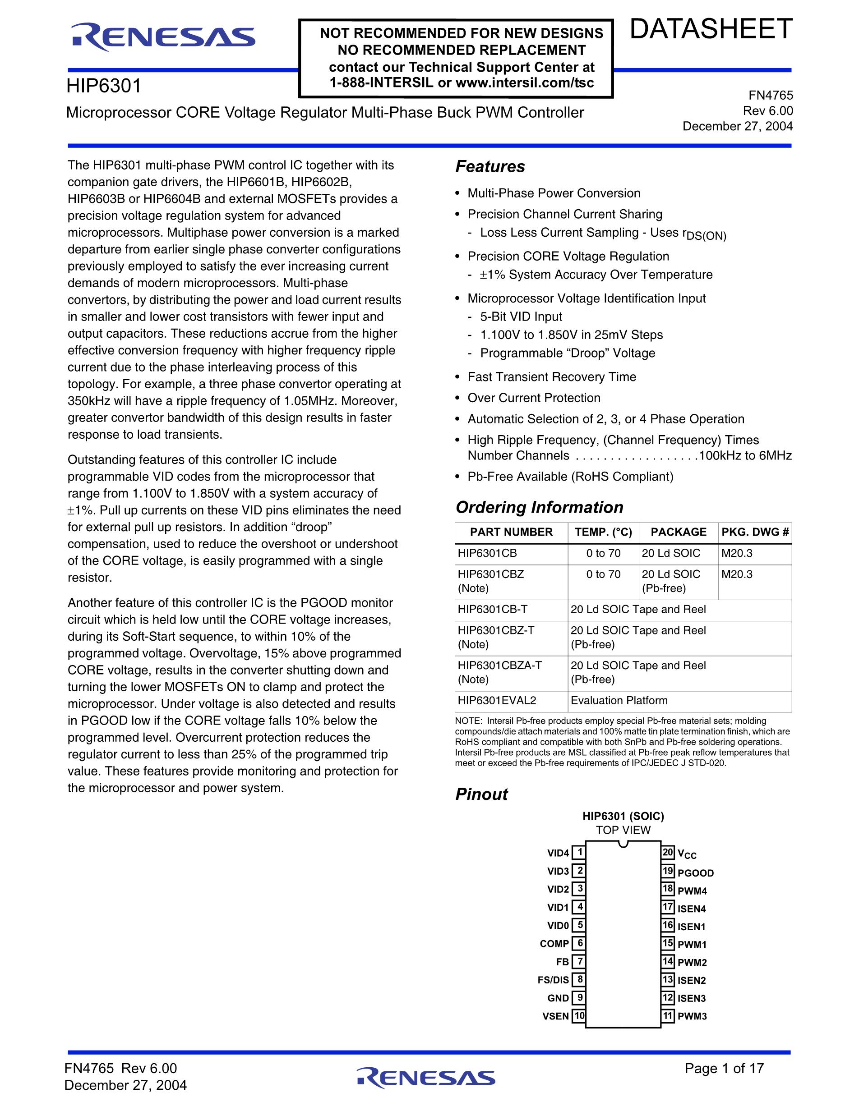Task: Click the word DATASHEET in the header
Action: click(711, 29)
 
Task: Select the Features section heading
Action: click(490, 166)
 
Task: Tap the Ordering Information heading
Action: click(539, 507)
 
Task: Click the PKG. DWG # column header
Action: click(755, 532)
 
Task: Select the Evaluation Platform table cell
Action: click(619, 701)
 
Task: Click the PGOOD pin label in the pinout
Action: click(696, 873)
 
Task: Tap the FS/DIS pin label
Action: click(553, 980)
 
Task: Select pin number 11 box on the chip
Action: click(668, 1016)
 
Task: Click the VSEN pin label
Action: click(556, 1016)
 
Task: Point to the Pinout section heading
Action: click(481, 794)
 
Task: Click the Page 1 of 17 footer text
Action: click(724, 1068)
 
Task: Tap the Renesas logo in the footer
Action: click(426, 1078)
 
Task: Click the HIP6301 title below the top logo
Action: click(104, 86)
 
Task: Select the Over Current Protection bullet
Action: click(534, 398)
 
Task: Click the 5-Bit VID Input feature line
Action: click(521, 317)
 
